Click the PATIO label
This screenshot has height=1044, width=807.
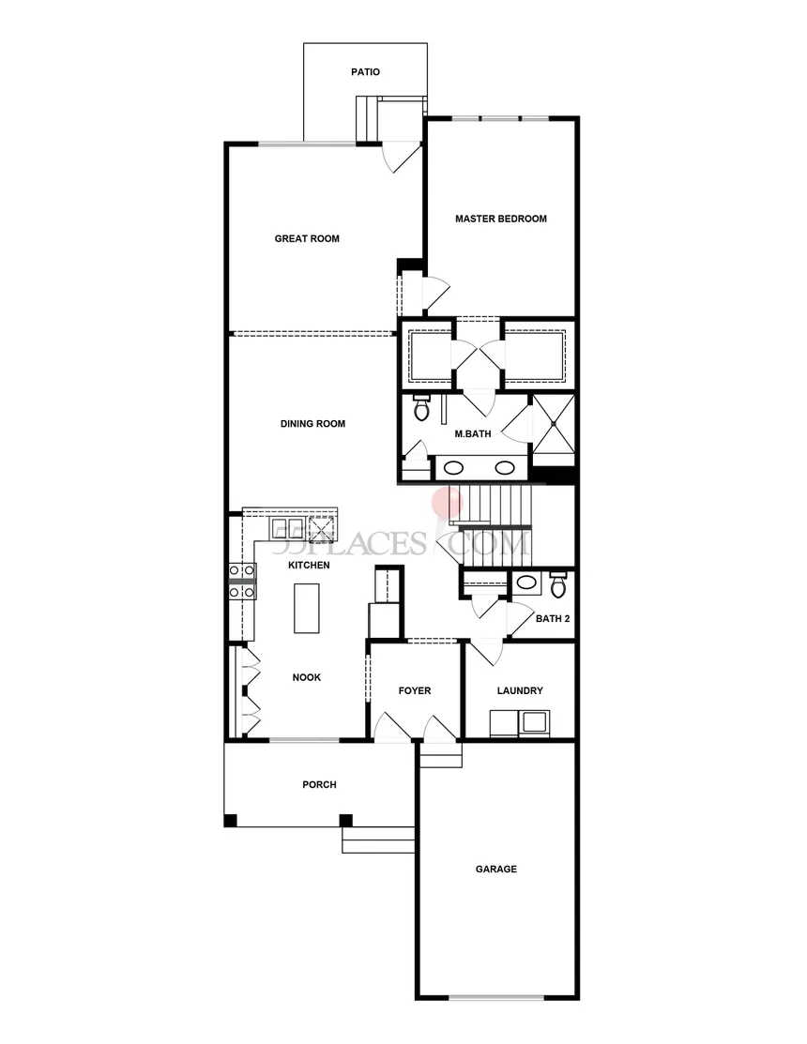click(365, 71)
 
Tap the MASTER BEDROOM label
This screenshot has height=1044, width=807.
click(500, 219)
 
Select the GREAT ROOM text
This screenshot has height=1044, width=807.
click(307, 238)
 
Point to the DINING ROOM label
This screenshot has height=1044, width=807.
click(312, 424)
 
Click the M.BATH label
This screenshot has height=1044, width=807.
click(469, 433)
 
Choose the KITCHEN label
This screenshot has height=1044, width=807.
click(308, 566)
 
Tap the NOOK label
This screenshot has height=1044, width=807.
click(307, 677)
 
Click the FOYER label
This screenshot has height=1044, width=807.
click(414, 690)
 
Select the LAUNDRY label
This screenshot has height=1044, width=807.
click(519, 690)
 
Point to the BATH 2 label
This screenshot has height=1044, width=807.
click(553, 618)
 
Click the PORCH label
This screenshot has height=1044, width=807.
click(319, 785)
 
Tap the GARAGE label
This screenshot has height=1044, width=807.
click(495, 870)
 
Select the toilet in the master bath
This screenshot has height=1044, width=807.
click(421, 407)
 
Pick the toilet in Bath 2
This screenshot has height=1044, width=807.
click(558, 583)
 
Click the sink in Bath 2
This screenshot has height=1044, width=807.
click(527, 583)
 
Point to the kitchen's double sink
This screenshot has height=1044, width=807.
click(282, 527)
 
